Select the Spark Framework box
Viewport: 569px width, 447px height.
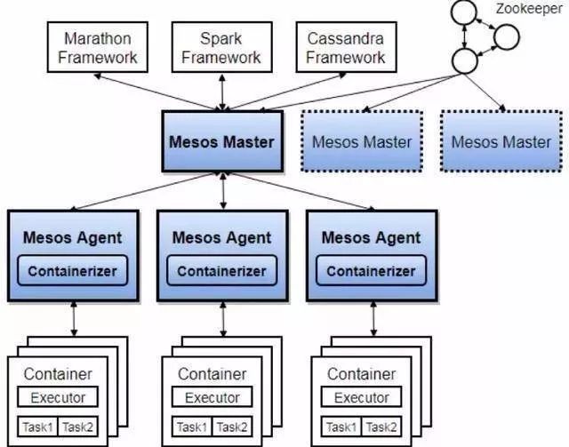(x=221, y=48)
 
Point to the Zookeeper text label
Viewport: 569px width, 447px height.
(x=528, y=10)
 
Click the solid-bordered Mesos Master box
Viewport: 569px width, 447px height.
(x=221, y=141)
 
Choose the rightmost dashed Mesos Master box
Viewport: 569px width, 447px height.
(x=501, y=141)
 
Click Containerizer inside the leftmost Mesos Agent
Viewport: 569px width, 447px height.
(x=74, y=270)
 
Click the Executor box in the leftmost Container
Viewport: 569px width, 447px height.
(x=58, y=397)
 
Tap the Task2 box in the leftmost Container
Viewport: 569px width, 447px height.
(x=78, y=426)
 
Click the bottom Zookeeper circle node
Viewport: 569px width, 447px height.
(x=463, y=60)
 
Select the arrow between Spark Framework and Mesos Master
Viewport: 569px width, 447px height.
(x=221, y=90)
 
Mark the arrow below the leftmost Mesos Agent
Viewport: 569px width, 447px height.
(x=74, y=316)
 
